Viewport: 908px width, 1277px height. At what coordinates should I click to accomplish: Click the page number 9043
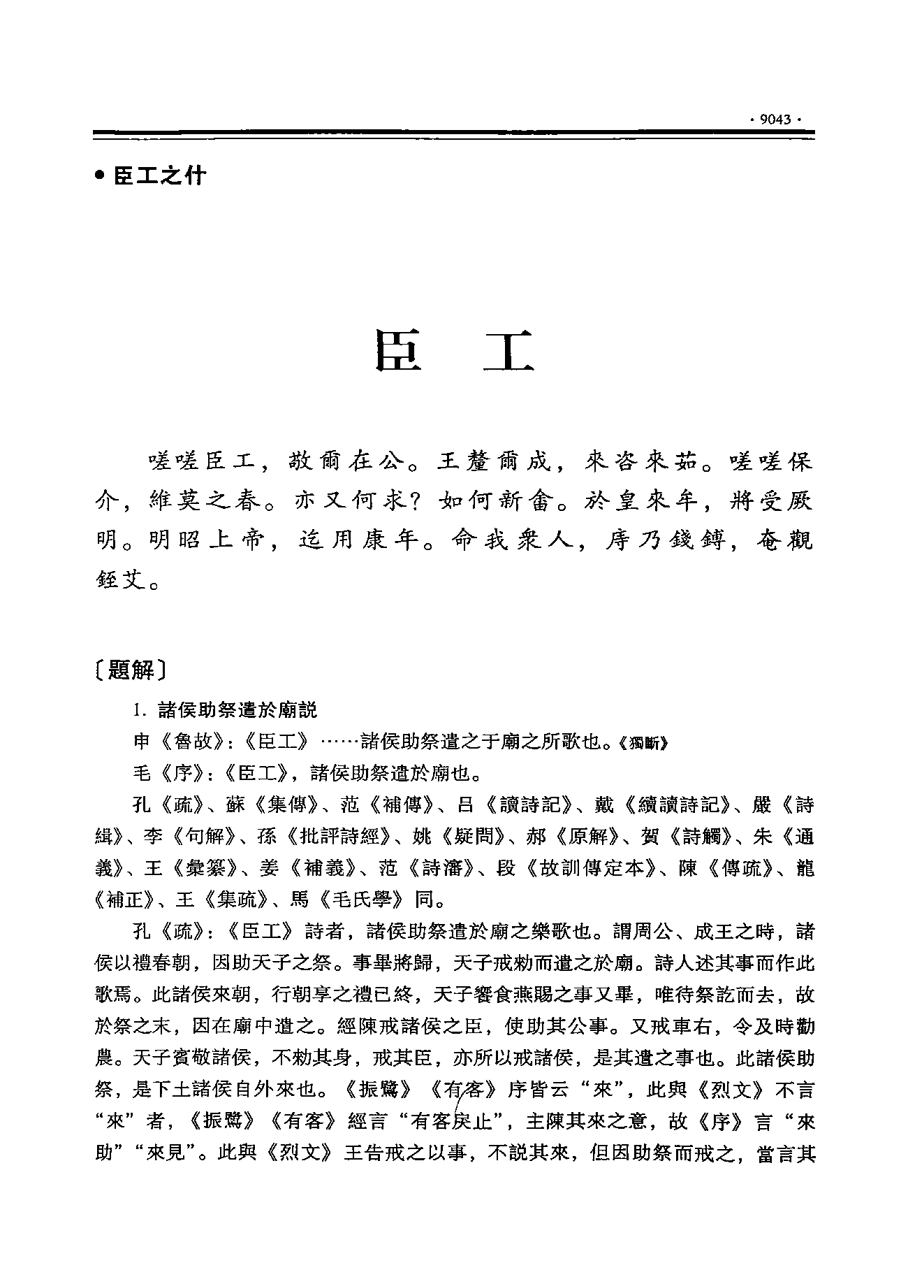pos(775,120)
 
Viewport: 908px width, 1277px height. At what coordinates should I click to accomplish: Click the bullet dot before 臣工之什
pos(100,175)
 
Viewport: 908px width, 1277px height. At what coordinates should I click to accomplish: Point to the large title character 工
pos(509,349)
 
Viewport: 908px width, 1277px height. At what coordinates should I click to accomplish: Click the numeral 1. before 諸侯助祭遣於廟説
pos(140,711)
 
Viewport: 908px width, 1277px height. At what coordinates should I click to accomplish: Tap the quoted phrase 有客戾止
pos(457,1122)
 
